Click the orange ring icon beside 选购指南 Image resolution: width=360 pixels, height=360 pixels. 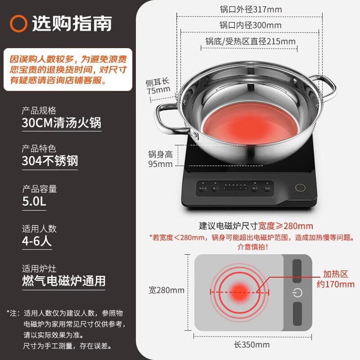(x=19, y=23)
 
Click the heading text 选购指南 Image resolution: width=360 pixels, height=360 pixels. (x=72, y=23)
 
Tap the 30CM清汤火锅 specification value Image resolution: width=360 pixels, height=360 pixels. (x=62, y=123)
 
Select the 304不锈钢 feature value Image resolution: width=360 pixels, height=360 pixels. (x=50, y=161)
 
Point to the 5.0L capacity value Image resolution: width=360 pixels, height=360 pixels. (x=34, y=202)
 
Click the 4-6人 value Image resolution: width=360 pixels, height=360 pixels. (x=37, y=241)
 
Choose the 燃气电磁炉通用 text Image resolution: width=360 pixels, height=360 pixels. (x=63, y=281)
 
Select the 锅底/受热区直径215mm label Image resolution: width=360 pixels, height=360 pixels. (x=250, y=41)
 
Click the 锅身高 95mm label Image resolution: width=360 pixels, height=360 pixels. (x=161, y=159)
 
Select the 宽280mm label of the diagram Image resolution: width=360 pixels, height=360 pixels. (x=166, y=290)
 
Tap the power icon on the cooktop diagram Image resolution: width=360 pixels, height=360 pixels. (x=297, y=293)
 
